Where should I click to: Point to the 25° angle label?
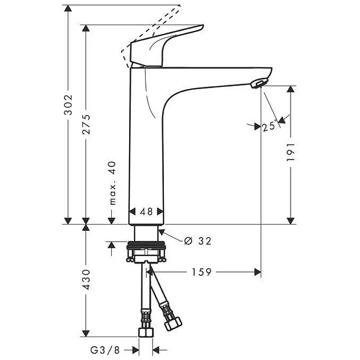[269, 126]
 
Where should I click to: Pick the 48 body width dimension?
[147, 211]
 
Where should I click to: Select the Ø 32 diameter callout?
[198, 241]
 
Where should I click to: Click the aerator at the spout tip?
[260, 83]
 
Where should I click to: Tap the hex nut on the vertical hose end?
[146, 332]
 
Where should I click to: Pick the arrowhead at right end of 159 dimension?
[257, 272]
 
